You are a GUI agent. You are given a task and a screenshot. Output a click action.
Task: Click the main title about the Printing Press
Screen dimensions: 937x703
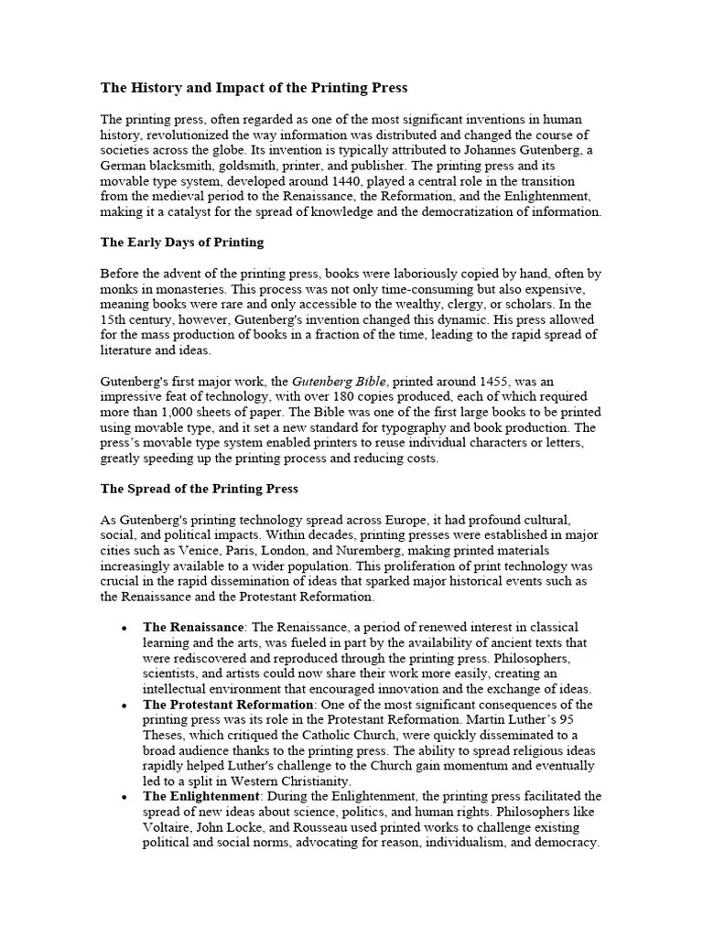tap(254, 88)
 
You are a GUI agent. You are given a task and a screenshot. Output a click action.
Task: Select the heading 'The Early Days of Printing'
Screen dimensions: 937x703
tap(181, 242)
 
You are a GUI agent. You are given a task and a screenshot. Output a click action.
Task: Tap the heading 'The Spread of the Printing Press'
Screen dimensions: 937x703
tap(199, 489)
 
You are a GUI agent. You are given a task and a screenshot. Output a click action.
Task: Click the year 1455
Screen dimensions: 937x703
tap(481, 381)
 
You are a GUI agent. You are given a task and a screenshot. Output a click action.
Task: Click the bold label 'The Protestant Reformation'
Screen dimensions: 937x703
tap(229, 705)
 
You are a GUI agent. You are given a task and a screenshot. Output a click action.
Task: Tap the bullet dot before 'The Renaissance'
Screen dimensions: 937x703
tap(124, 628)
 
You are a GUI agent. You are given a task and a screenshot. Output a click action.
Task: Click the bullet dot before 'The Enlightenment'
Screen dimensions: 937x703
tap(124, 797)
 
